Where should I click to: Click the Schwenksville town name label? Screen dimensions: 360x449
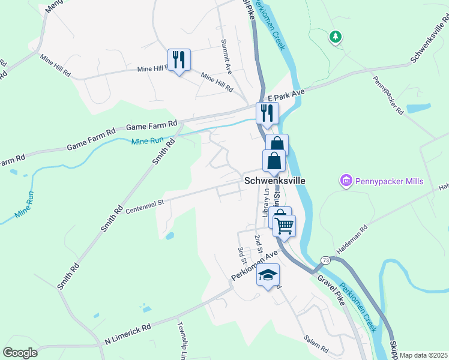coord(274,181)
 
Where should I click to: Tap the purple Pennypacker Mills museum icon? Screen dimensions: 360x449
coord(346,181)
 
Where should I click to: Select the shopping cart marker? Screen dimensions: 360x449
coord(284,226)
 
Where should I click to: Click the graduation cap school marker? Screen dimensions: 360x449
coord(268,275)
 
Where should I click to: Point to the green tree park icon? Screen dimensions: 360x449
coord(335,37)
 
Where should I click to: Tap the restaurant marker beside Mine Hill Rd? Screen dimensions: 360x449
coord(179,59)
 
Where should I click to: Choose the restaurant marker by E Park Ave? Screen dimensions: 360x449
coord(267,113)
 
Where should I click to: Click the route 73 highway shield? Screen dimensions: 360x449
coord(325,260)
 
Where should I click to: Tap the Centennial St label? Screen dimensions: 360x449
coord(145,208)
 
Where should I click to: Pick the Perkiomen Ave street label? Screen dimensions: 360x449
coord(255,264)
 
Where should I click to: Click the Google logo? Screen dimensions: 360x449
coord(20,352)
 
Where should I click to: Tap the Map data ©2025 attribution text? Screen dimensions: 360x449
coord(423,355)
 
